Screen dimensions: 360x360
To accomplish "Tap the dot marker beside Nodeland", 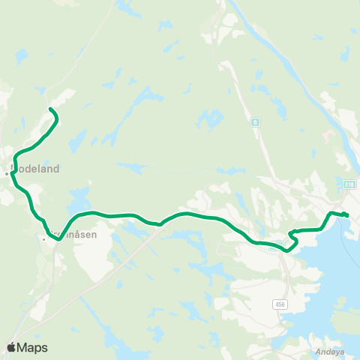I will click(7, 173).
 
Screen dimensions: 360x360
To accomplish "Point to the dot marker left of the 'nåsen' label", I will click(44, 239).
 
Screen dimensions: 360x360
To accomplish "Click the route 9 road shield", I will click(256, 121).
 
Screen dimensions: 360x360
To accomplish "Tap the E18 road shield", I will click(350, 183).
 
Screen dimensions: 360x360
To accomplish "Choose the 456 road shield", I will click(280, 303).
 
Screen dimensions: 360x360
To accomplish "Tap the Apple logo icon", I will click(12, 347).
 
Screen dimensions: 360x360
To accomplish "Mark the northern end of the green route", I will click(51, 110).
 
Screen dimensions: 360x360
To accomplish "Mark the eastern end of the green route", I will click(347, 216).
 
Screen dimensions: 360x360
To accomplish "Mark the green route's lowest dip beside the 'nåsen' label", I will click(57, 240).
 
